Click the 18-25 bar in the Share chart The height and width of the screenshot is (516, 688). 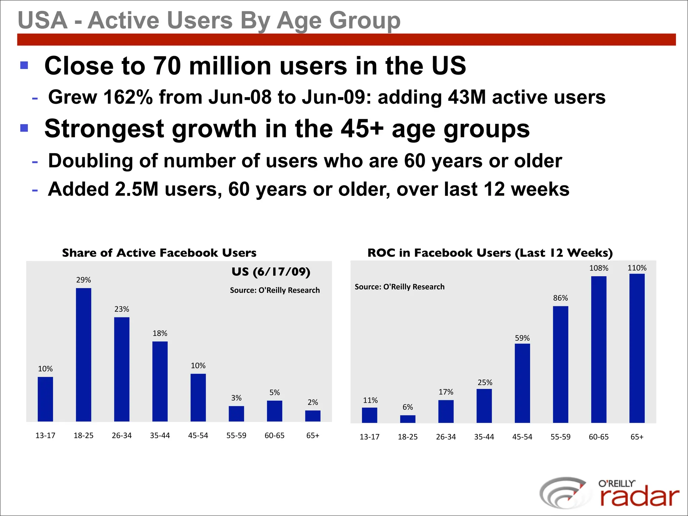[83, 354]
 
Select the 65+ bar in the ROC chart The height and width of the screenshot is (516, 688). [637, 348]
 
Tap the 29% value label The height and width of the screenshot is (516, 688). [83, 280]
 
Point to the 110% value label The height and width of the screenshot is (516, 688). [637, 268]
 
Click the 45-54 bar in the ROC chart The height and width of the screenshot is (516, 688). [522, 383]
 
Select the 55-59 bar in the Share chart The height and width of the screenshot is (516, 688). [236, 414]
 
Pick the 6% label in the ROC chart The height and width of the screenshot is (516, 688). [407, 407]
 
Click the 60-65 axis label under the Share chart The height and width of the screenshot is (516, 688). [274, 435]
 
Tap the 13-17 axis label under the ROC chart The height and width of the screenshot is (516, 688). [370, 437]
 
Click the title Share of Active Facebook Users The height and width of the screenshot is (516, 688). [159, 253]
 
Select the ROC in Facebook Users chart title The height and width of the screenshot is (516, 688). [490, 253]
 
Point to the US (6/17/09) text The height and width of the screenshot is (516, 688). [271, 271]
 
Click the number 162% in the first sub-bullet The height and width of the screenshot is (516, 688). [128, 97]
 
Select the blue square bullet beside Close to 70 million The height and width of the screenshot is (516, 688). [24, 65]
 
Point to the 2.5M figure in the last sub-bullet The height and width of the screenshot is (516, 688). [136, 189]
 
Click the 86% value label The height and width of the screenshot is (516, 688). [560, 298]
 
